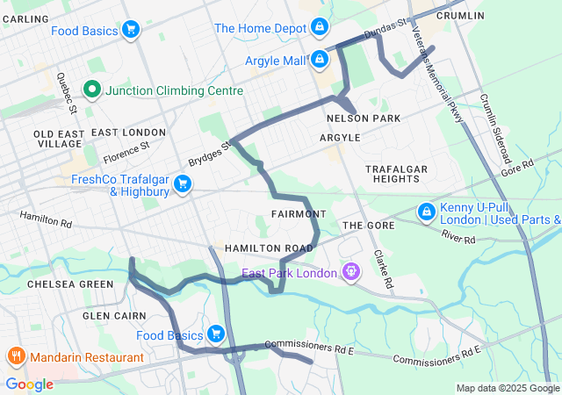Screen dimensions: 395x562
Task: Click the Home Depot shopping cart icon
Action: [x=320, y=28]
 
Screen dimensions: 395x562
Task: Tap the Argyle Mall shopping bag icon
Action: [x=320, y=60]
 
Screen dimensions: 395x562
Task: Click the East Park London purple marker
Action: [x=351, y=273]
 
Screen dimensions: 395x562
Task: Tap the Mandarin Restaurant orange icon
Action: [x=15, y=357]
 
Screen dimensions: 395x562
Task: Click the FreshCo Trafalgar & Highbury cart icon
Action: [x=183, y=183]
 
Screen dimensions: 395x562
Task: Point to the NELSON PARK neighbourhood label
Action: [x=363, y=118]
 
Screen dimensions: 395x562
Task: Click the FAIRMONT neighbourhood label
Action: [x=299, y=214]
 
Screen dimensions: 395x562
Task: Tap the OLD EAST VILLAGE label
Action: [x=57, y=139]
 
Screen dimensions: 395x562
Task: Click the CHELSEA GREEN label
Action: [x=70, y=284]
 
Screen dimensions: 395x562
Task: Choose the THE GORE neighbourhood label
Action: [x=364, y=226]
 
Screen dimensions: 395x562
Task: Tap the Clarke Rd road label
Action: [x=381, y=270]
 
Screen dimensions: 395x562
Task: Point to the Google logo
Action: [x=29, y=384]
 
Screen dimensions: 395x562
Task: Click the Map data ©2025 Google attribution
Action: [x=507, y=388]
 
